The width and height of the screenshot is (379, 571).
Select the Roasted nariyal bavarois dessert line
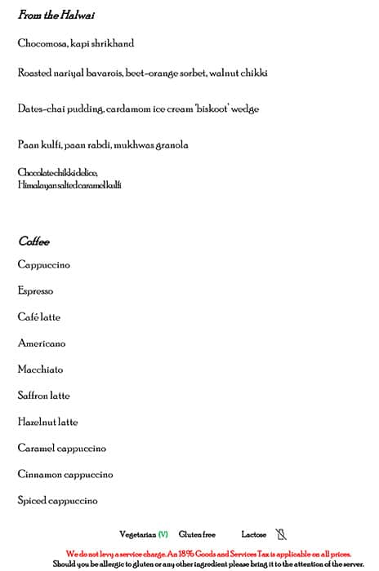pos(142,73)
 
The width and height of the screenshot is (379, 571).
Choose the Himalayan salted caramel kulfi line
pos(69,185)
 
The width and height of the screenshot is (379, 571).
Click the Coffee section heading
pos(33,241)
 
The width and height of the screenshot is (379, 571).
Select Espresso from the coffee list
pos(35,290)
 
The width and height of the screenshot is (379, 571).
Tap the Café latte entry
pos(38,316)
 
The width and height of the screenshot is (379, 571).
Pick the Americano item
pos(42,343)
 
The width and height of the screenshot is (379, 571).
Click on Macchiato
pos(40,370)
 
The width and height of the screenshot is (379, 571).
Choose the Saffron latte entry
pos(43,396)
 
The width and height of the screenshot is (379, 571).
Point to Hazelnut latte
pos(47,422)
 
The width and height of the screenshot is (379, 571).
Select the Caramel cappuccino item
pos(61,448)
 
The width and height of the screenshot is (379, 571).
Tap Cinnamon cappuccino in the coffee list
pos(65,474)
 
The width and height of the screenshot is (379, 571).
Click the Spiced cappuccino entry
pos(57,500)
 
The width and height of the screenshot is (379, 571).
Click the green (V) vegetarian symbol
pos(163,534)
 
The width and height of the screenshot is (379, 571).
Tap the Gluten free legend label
pos(197,534)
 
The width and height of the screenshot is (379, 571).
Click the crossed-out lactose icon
pos(281,534)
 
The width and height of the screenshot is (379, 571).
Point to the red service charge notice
pos(207,553)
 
